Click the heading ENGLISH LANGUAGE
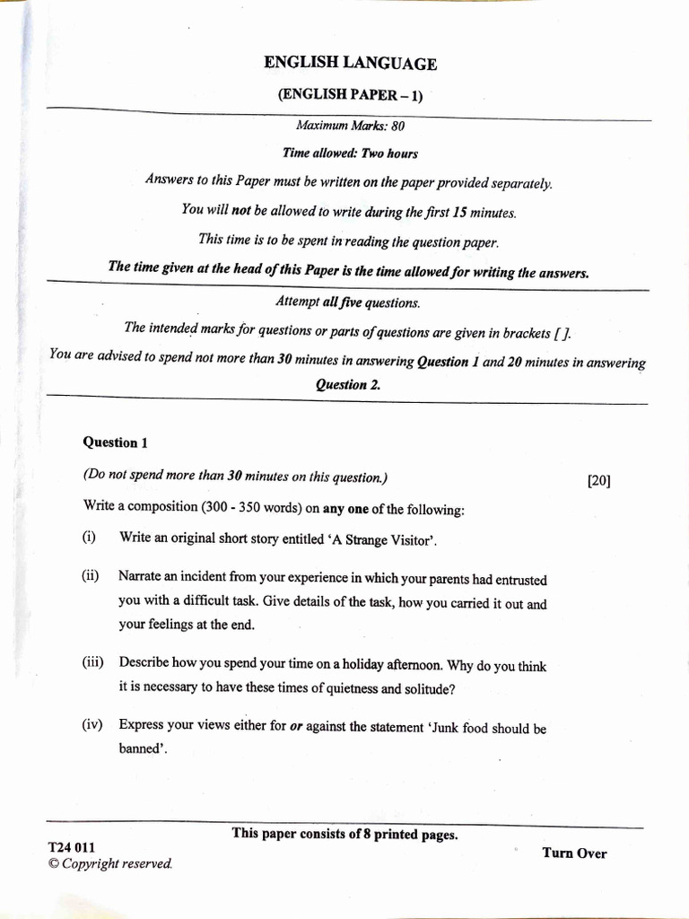350,63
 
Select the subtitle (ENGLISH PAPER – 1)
350,95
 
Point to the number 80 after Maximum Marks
397,127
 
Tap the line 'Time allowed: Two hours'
350,153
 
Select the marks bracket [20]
598,480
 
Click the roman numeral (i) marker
89,538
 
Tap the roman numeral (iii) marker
92,663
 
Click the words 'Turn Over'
574,853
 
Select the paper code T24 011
72,847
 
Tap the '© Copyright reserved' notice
109,863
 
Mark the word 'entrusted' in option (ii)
517,580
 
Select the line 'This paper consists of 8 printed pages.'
344,834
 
